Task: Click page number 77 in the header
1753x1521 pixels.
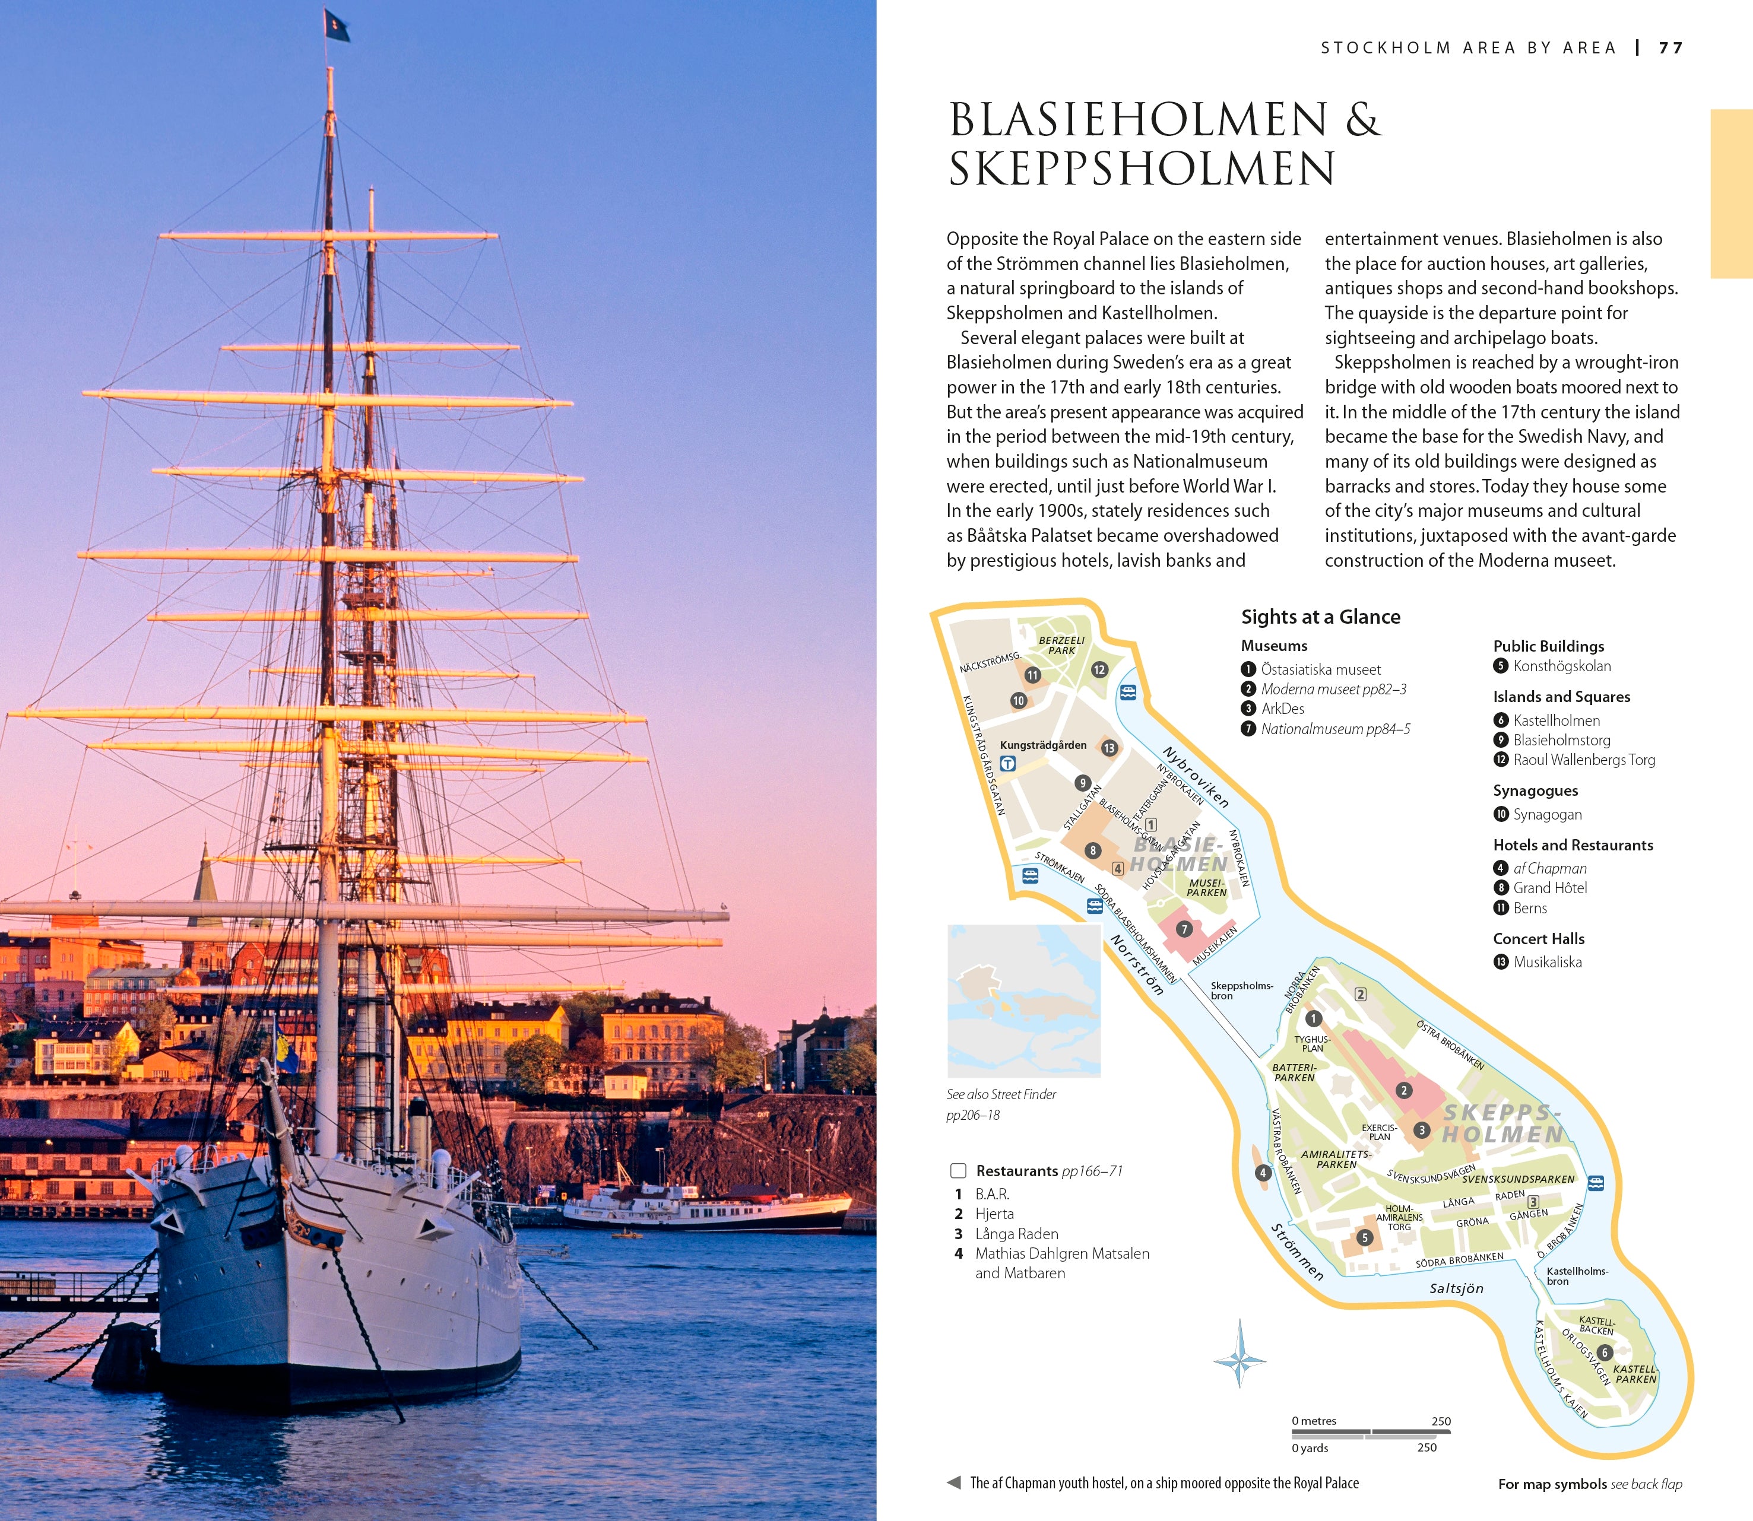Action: (1670, 49)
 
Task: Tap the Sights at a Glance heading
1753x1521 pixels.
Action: (1320, 617)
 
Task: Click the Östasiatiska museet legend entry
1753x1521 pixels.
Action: (1320, 669)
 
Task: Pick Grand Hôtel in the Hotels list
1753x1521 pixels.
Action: (1549, 888)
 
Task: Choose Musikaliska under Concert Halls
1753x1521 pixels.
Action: (1547, 961)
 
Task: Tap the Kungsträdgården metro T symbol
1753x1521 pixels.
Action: (1007, 764)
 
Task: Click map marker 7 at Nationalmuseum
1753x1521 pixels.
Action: (1184, 929)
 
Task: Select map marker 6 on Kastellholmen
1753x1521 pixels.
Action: (1603, 1352)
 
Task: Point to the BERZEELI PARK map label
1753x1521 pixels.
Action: (1061, 645)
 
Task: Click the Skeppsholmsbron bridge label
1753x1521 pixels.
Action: (1240, 990)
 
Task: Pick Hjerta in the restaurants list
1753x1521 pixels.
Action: (994, 1214)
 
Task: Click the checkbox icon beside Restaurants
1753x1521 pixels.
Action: (958, 1171)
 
